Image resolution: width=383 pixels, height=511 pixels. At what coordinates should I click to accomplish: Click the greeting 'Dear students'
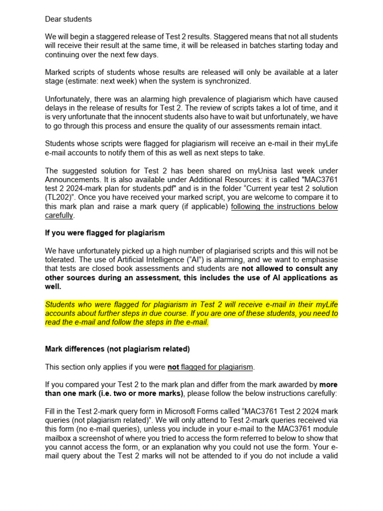[x=68, y=19]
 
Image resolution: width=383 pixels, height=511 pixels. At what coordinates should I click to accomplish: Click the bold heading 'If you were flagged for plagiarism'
[x=105, y=233]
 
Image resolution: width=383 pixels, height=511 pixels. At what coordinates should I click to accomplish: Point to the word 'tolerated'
[x=62, y=260]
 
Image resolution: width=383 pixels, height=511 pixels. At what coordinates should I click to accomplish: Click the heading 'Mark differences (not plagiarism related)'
[x=117, y=349]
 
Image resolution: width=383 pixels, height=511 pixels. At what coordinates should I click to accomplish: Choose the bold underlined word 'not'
[x=173, y=367]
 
